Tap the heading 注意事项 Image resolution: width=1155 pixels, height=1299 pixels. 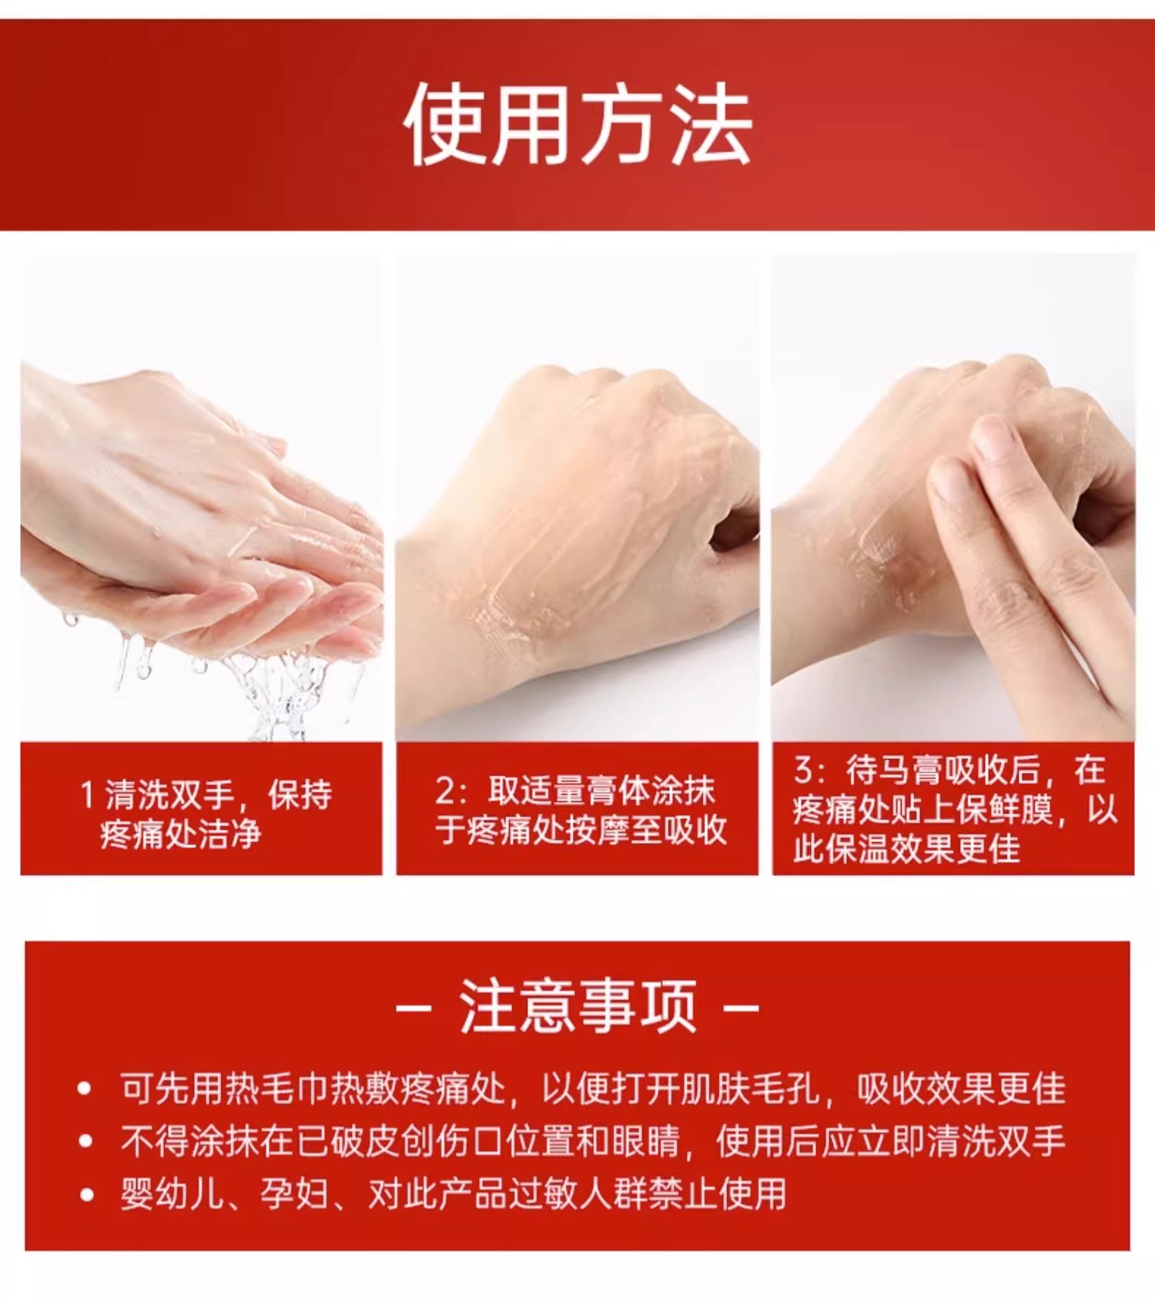pos(577,1006)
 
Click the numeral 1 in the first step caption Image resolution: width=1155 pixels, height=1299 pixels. pos(88,794)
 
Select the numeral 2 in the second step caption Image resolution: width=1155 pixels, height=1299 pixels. pos(445,790)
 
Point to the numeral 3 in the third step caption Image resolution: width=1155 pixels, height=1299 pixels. pos(803,769)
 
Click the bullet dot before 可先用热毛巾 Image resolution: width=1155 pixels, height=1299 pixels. pos(85,1089)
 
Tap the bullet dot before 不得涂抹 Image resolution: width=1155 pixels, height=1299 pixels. pos(85,1141)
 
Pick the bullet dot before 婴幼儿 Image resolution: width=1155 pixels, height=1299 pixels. pos(85,1194)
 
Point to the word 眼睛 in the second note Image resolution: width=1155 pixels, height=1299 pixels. pos(646,1141)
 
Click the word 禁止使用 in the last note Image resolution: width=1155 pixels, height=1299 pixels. pos(717,1194)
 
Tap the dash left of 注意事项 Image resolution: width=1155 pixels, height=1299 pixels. pos(413,1006)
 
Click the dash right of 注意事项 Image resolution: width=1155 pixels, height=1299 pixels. pos(742,1006)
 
